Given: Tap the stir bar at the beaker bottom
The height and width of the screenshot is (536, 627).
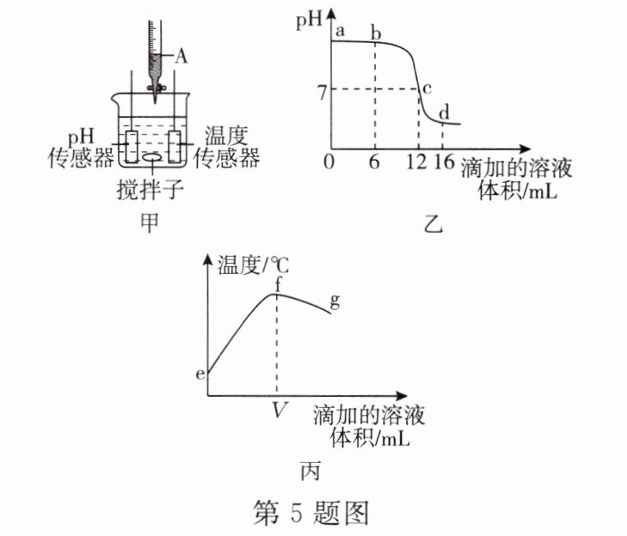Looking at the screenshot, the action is [152, 157].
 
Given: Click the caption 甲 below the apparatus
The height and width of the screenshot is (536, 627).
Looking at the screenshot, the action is [151, 223].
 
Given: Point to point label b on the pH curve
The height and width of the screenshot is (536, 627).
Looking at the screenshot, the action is [375, 33].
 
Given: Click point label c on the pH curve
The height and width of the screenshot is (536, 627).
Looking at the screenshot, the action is [427, 87].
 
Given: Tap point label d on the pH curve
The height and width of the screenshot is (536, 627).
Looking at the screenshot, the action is [445, 113].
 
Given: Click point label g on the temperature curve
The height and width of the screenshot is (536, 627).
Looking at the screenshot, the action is [336, 300].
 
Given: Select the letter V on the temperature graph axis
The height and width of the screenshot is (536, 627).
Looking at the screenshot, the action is [278, 410].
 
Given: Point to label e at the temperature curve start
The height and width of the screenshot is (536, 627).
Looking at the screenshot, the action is [200, 375].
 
